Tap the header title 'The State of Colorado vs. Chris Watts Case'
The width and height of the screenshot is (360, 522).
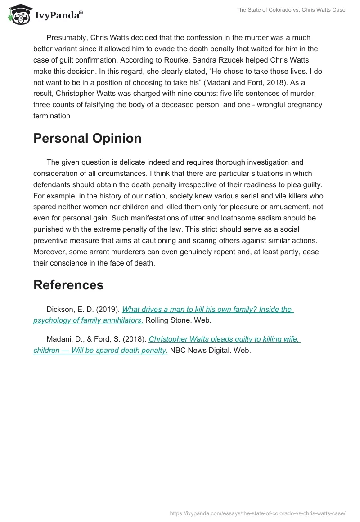point(291,10)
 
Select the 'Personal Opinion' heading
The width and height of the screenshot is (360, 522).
point(87,139)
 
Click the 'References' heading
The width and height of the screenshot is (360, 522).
point(68,285)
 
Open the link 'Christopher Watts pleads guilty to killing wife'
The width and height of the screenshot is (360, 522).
point(224,339)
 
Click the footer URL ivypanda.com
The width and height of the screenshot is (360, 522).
point(258,513)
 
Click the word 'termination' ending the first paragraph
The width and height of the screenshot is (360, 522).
point(52,116)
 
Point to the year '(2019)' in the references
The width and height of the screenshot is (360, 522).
point(108,309)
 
